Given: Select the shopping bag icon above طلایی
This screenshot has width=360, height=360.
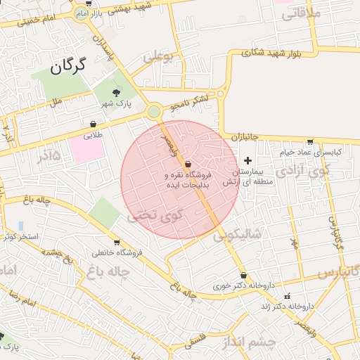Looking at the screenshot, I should coord(94,124).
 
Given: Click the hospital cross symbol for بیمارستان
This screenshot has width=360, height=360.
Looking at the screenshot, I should coord(247,160).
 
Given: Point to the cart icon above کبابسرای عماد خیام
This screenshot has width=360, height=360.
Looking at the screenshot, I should coord(310,141).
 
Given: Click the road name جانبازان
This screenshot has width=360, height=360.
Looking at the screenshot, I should coord(249,136).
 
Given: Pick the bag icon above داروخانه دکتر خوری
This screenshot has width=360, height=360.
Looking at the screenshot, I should coord(243,276).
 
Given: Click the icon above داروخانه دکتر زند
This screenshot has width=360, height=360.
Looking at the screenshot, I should coord(286,296).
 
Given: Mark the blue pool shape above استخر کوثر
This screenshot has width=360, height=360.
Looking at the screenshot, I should coord(20,226).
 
